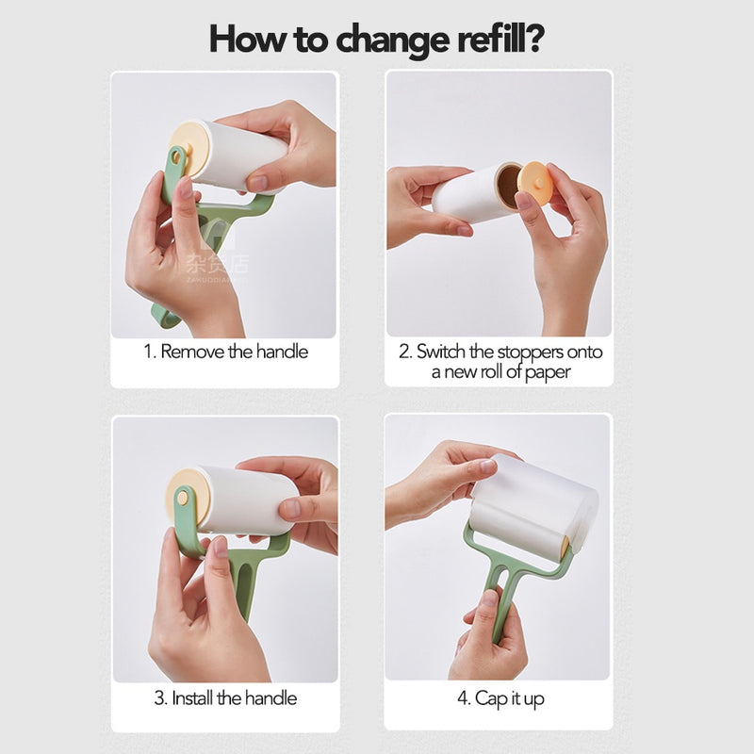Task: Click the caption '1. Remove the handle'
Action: point(225,352)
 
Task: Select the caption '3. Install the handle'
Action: point(225,698)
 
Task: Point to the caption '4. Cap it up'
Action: point(500,698)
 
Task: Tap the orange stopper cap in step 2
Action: point(535,183)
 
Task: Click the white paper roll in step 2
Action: point(471,196)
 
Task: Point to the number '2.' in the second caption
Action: point(404,352)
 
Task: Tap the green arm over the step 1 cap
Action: point(174,174)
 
